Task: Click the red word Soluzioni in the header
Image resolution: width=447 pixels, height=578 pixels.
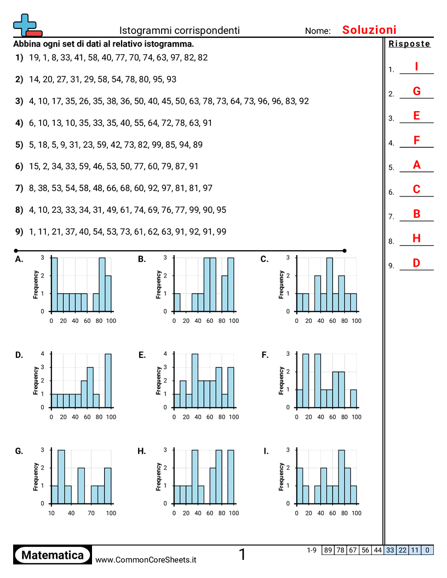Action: [369, 30]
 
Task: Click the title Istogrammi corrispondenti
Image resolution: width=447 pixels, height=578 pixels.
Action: [180, 31]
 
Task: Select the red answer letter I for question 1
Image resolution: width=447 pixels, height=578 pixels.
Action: [416, 66]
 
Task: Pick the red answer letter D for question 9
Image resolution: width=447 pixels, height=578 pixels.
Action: [416, 263]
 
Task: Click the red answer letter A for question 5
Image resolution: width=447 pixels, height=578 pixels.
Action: [416, 165]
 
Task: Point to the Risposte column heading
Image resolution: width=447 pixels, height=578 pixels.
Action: [409, 44]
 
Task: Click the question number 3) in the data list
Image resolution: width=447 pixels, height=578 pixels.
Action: [19, 101]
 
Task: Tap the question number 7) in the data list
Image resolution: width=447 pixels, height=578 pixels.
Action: [19, 188]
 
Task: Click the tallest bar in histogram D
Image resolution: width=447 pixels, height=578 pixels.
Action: [108, 380]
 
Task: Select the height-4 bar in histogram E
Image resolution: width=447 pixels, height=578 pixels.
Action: [194, 380]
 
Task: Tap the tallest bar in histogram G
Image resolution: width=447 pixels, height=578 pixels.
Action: [61, 476]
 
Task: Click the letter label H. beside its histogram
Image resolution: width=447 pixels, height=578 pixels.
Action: [142, 451]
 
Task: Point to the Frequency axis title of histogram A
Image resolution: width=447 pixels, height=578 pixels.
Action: [36, 284]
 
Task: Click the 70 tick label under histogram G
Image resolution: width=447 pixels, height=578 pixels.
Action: [91, 513]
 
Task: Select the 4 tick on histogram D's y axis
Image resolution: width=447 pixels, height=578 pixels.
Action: [43, 354]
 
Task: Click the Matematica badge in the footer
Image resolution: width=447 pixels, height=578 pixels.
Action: [53, 555]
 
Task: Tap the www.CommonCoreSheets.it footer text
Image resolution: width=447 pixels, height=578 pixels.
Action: [146, 560]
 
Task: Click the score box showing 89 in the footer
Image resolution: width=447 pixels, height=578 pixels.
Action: [328, 550]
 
